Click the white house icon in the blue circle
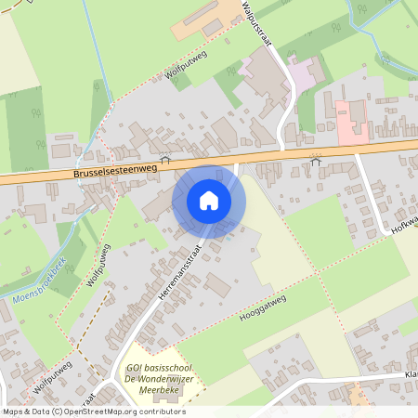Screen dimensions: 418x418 [209, 201]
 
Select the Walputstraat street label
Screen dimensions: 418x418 [255, 24]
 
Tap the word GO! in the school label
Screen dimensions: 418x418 [136, 367]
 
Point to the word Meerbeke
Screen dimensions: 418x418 [160, 391]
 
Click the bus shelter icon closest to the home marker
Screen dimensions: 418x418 [165, 159]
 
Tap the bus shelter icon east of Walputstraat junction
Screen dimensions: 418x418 [315, 162]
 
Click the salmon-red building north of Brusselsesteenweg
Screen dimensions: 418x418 [352, 121]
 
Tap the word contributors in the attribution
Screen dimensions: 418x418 [160, 411]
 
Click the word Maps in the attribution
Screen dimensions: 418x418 [13, 411]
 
